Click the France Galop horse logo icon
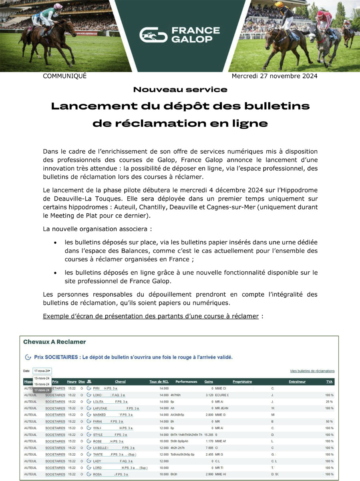coord(153,35)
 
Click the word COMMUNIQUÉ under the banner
coord(64,76)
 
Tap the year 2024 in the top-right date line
coord(309,76)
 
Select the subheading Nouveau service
coord(180,89)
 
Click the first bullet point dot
coord(55,243)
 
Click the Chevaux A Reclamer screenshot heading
coord(54,342)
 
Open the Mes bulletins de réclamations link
coord(312,371)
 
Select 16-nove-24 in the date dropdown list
coord(42,384)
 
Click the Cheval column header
coord(120,382)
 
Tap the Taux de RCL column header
coord(159,382)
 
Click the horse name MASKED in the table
coord(99,415)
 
